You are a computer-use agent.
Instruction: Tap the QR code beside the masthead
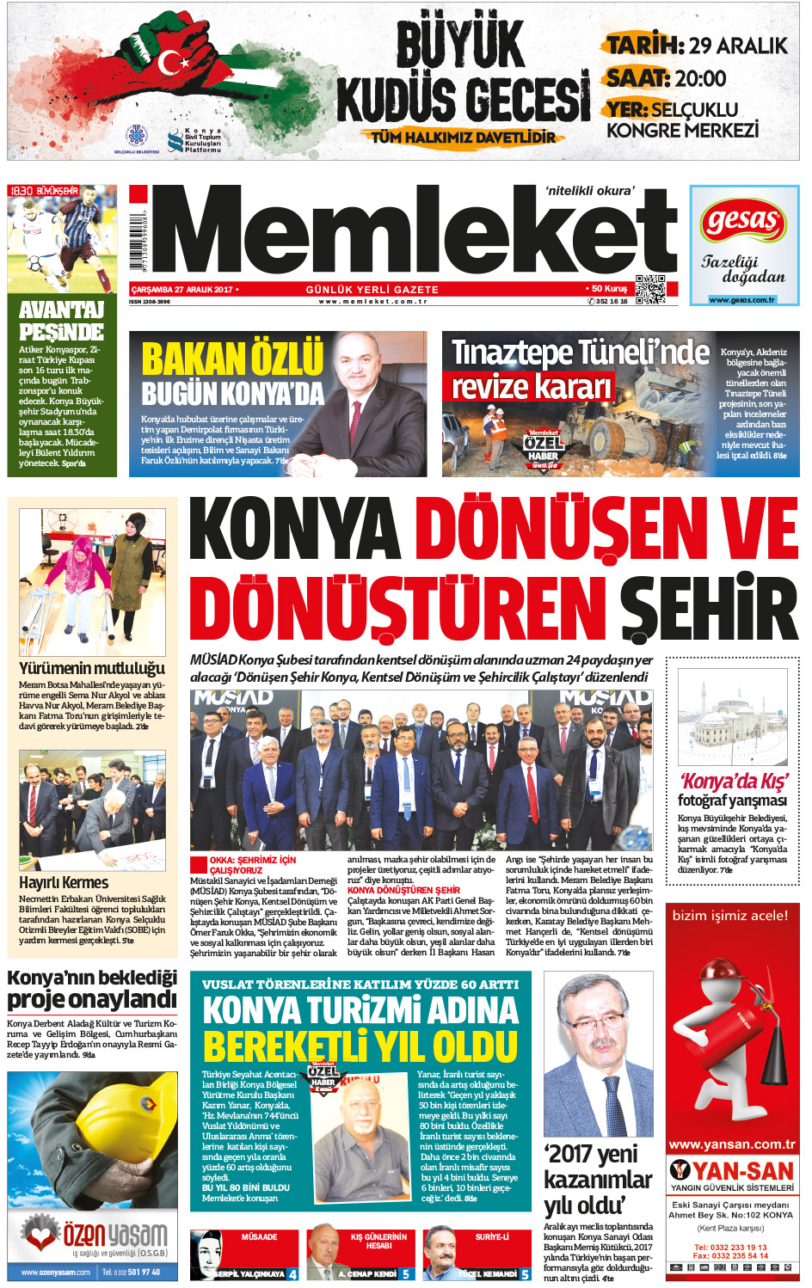pyautogui.click(x=650, y=290)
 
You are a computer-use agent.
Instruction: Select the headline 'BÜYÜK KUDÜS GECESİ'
pyautogui.click(x=462, y=73)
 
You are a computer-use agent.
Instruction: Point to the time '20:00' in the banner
pyautogui.click(x=700, y=79)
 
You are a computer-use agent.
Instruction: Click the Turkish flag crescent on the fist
pyautogui.click(x=173, y=62)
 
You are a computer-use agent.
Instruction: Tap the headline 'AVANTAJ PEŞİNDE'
pyautogui.click(x=61, y=321)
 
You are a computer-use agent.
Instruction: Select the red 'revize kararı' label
pyautogui.click(x=532, y=387)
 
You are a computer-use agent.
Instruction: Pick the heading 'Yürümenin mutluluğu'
pyautogui.click(x=92, y=668)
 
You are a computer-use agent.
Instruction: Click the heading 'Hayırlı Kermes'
pyautogui.click(x=64, y=882)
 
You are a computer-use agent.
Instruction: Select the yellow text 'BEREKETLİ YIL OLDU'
pyautogui.click(x=360, y=1048)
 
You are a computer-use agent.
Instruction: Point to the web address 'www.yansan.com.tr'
pyautogui.click(x=732, y=1144)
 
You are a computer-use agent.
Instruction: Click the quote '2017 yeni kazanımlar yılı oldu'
pyautogui.click(x=598, y=1179)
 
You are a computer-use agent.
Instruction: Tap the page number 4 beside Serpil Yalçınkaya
pyautogui.click(x=292, y=1274)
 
